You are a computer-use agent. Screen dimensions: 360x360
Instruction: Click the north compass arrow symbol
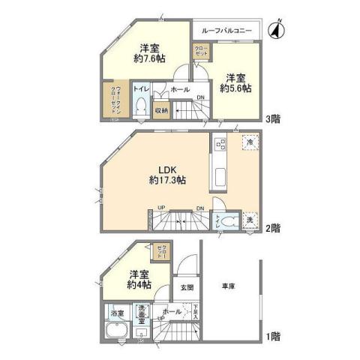274,31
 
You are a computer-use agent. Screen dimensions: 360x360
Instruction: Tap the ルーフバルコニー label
226,31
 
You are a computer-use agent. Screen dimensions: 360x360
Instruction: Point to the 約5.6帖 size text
235,87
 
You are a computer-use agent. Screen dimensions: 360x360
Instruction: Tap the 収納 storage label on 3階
160,110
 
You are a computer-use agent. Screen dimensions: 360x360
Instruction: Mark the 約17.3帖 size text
168,181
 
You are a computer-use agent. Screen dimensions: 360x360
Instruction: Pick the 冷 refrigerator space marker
247,142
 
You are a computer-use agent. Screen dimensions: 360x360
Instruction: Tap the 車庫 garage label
230,286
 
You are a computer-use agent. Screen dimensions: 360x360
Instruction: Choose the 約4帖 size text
139,285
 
